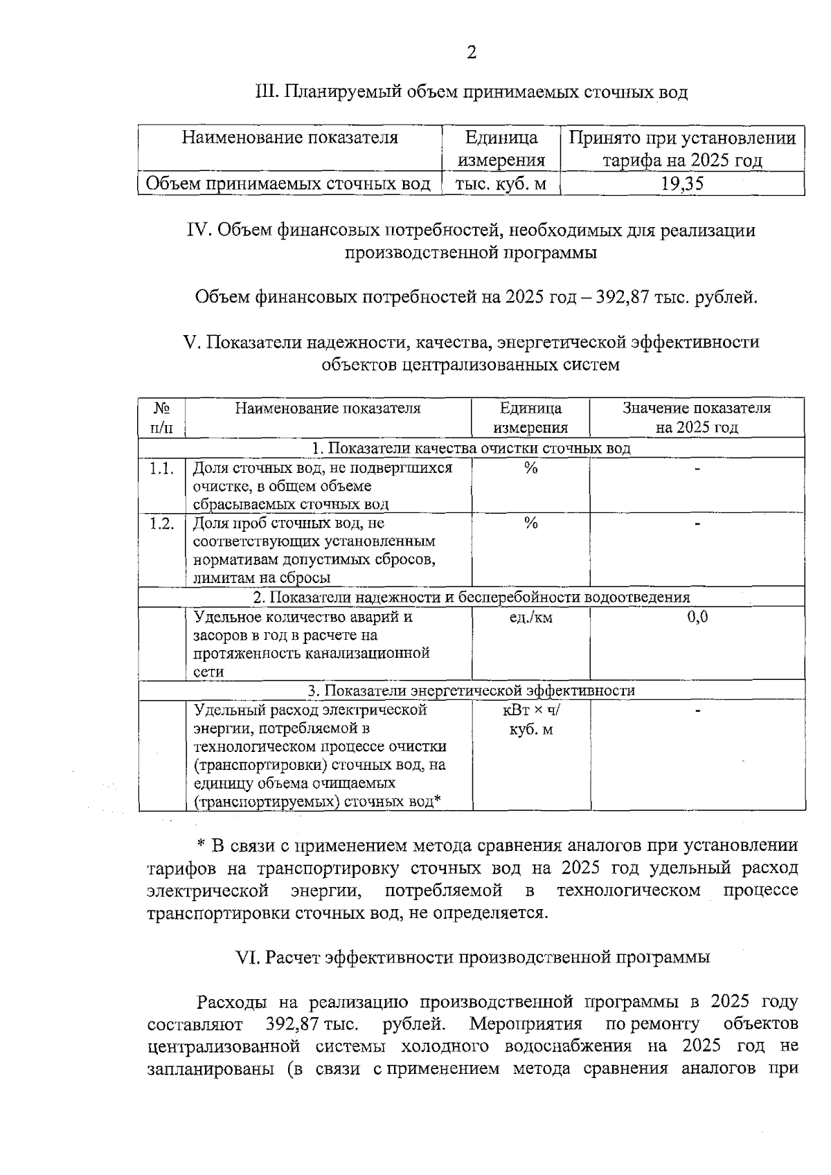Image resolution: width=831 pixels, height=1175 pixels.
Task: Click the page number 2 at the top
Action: pos(472,53)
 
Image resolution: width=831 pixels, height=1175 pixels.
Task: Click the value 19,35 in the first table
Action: pos(681,184)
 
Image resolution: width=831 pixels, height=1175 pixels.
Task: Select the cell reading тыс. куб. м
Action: pos(501,184)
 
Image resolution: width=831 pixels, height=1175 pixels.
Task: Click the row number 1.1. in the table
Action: pos(161,469)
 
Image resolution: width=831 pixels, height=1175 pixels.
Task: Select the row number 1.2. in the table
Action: pos(161,523)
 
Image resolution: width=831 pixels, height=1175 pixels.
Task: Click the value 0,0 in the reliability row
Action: pos(697,617)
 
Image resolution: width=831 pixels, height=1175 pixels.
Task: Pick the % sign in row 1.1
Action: pos(530,469)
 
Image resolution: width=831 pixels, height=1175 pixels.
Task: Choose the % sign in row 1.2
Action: pos(530,523)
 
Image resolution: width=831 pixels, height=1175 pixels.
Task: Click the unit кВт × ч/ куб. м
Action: pos(530,719)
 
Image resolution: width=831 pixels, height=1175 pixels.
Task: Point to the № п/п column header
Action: pos(161,418)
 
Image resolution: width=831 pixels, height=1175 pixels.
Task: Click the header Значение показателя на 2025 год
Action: pos(697,418)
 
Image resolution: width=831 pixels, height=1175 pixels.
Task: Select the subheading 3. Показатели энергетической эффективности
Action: pos(471,691)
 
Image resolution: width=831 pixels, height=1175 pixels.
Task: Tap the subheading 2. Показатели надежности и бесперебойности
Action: pos(471,598)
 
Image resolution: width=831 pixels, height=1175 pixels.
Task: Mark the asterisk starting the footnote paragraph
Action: pos(202,846)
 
